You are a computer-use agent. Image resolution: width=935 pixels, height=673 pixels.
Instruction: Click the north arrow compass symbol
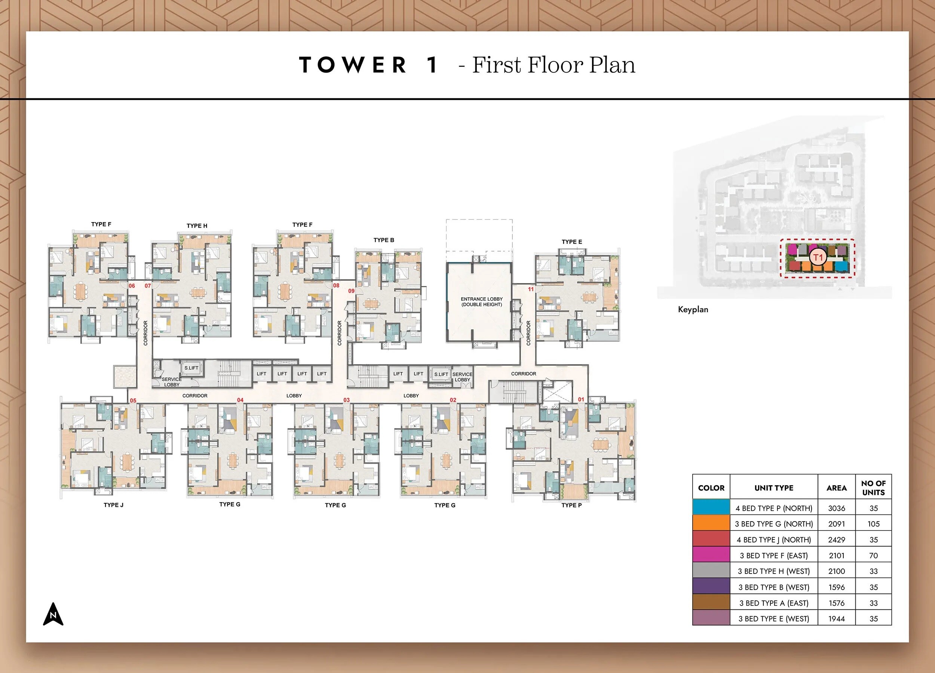(x=53, y=614)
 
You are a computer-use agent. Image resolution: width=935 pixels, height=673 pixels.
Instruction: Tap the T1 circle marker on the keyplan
(x=818, y=258)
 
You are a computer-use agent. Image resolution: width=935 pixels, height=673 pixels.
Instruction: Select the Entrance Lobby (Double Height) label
(x=481, y=302)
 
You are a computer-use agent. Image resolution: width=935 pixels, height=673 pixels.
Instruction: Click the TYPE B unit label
(x=384, y=240)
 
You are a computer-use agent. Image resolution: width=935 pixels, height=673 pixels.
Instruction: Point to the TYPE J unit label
(x=113, y=505)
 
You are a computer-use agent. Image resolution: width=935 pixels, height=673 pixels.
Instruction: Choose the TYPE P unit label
(x=571, y=505)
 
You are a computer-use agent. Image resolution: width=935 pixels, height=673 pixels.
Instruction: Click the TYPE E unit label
(x=572, y=242)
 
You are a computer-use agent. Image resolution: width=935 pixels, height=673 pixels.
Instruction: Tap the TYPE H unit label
(x=197, y=226)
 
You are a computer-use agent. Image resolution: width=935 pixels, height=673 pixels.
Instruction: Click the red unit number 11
(x=531, y=289)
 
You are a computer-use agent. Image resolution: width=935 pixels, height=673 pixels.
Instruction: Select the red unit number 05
(x=133, y=400)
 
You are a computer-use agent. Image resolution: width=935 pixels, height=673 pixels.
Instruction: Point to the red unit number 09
(x=351, y=291)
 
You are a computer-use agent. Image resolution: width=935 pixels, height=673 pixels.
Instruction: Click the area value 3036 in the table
(x=837, y=508)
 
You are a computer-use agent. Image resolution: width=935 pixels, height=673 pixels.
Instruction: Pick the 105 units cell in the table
(x=873, y=524)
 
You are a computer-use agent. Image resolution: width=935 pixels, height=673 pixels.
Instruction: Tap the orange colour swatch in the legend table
(x=711, y=524)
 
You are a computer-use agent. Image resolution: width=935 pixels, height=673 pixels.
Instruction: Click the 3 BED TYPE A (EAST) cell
(x=773, y=603)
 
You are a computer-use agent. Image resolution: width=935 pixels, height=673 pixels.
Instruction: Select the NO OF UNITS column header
(x=873, y=488)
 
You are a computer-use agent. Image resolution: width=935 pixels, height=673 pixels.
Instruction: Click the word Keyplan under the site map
(x=693, y=310)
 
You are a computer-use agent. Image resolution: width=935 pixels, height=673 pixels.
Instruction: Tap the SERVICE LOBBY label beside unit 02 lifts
(x=462, y=377)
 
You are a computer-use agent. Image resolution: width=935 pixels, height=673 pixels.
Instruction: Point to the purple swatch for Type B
(x=711, y=587)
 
